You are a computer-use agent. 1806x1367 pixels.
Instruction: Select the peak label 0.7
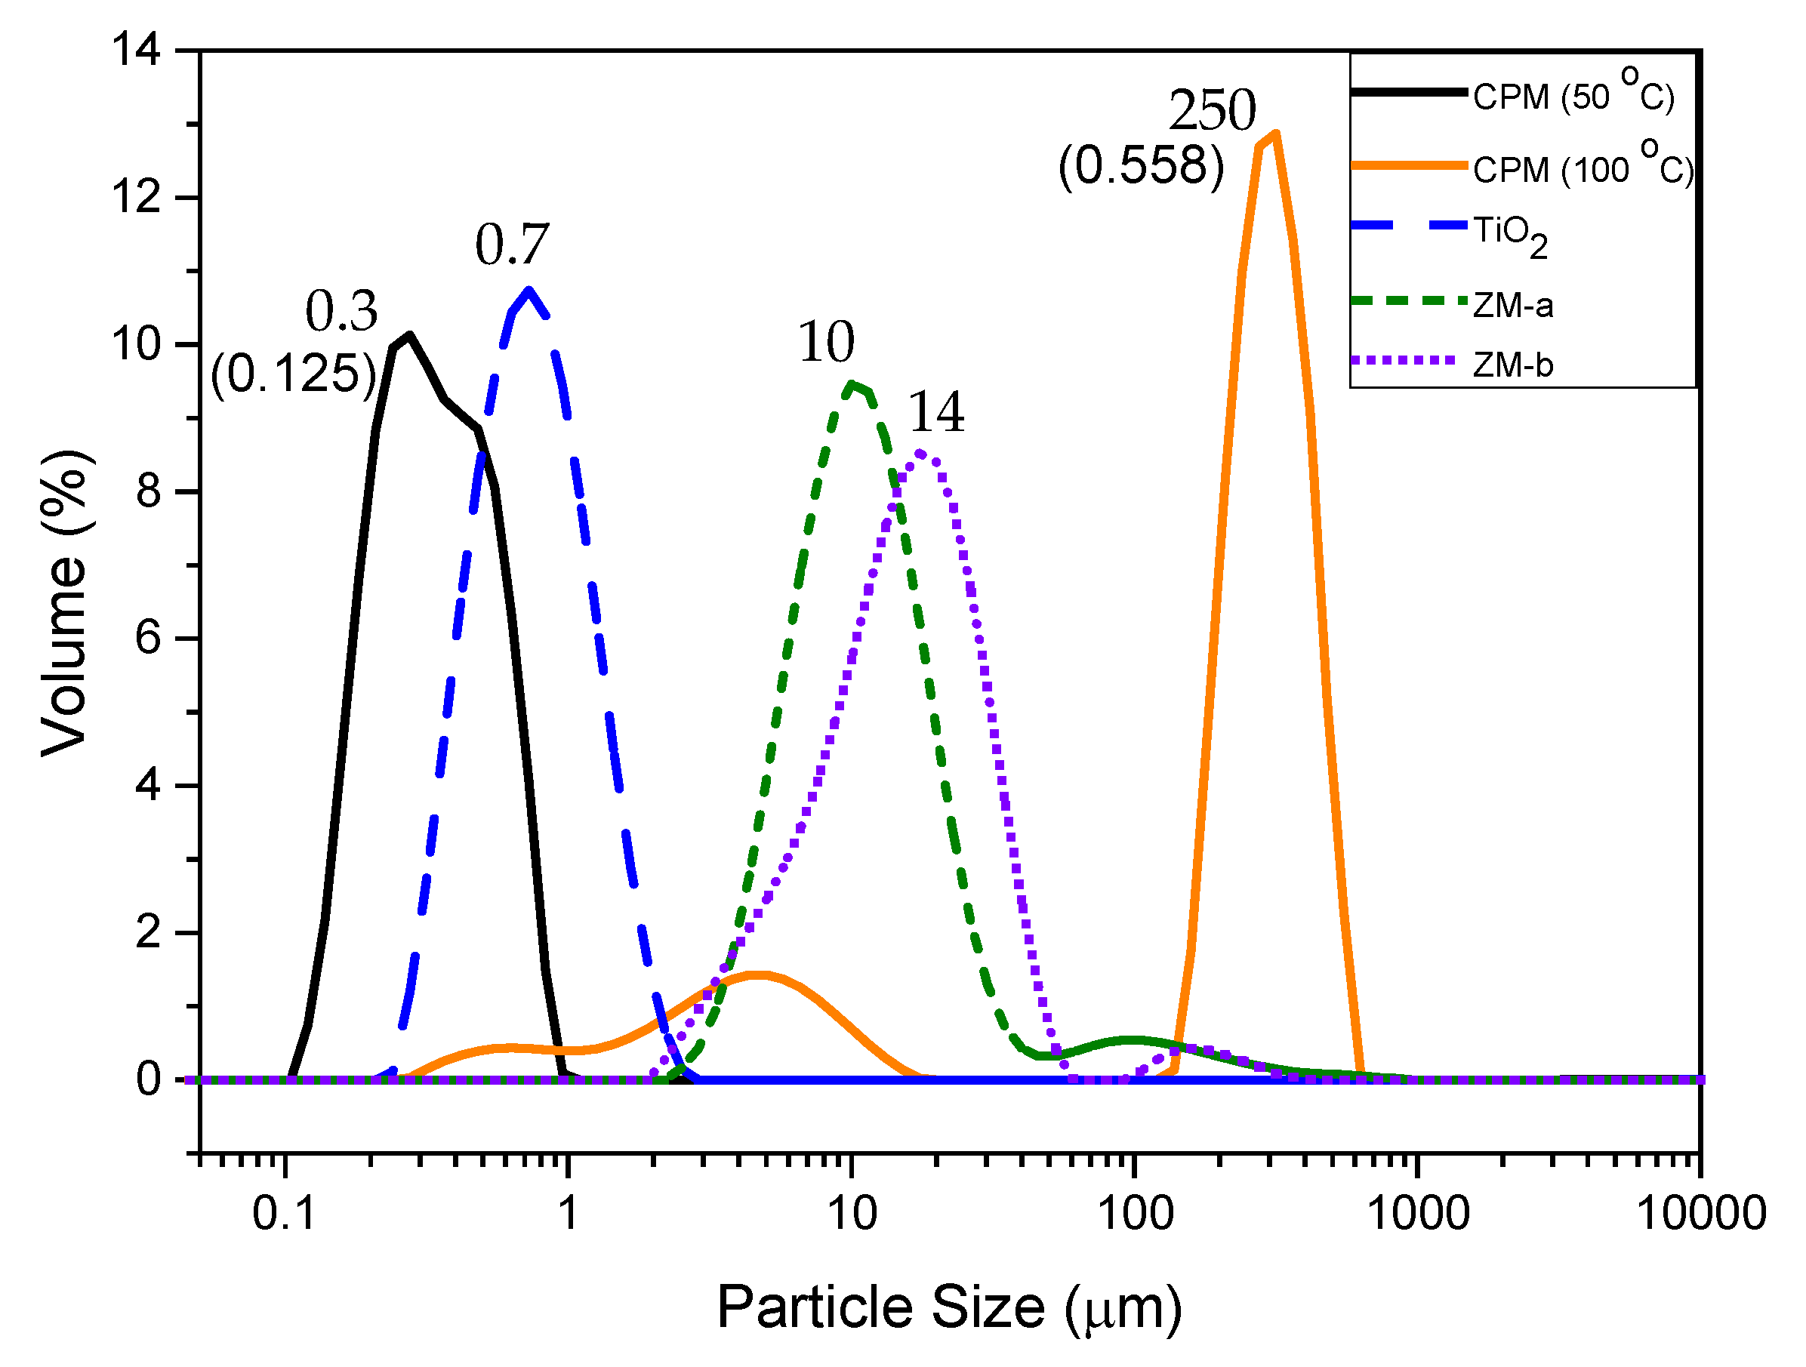pyautogui.click(x=512, y=244)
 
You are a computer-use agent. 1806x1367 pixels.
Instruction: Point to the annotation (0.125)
pyautogui.click(x=293, y=374)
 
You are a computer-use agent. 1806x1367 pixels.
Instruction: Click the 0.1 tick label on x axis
pyautogui.click(x=283, y=1213)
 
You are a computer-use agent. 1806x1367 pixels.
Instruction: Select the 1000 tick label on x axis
pyautogui.click(x=1417, y=1213)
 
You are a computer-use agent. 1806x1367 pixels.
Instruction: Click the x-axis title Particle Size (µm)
pyautogui.click(x=949, y=1307)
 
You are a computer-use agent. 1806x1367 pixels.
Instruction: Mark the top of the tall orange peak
pyautogui.click(x=1274, y=134)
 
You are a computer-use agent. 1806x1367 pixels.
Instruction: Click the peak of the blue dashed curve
pyautogui.click(x=529, y=291)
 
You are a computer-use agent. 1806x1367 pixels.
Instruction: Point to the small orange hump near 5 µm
pyautogui.click(x=760, y=974)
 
